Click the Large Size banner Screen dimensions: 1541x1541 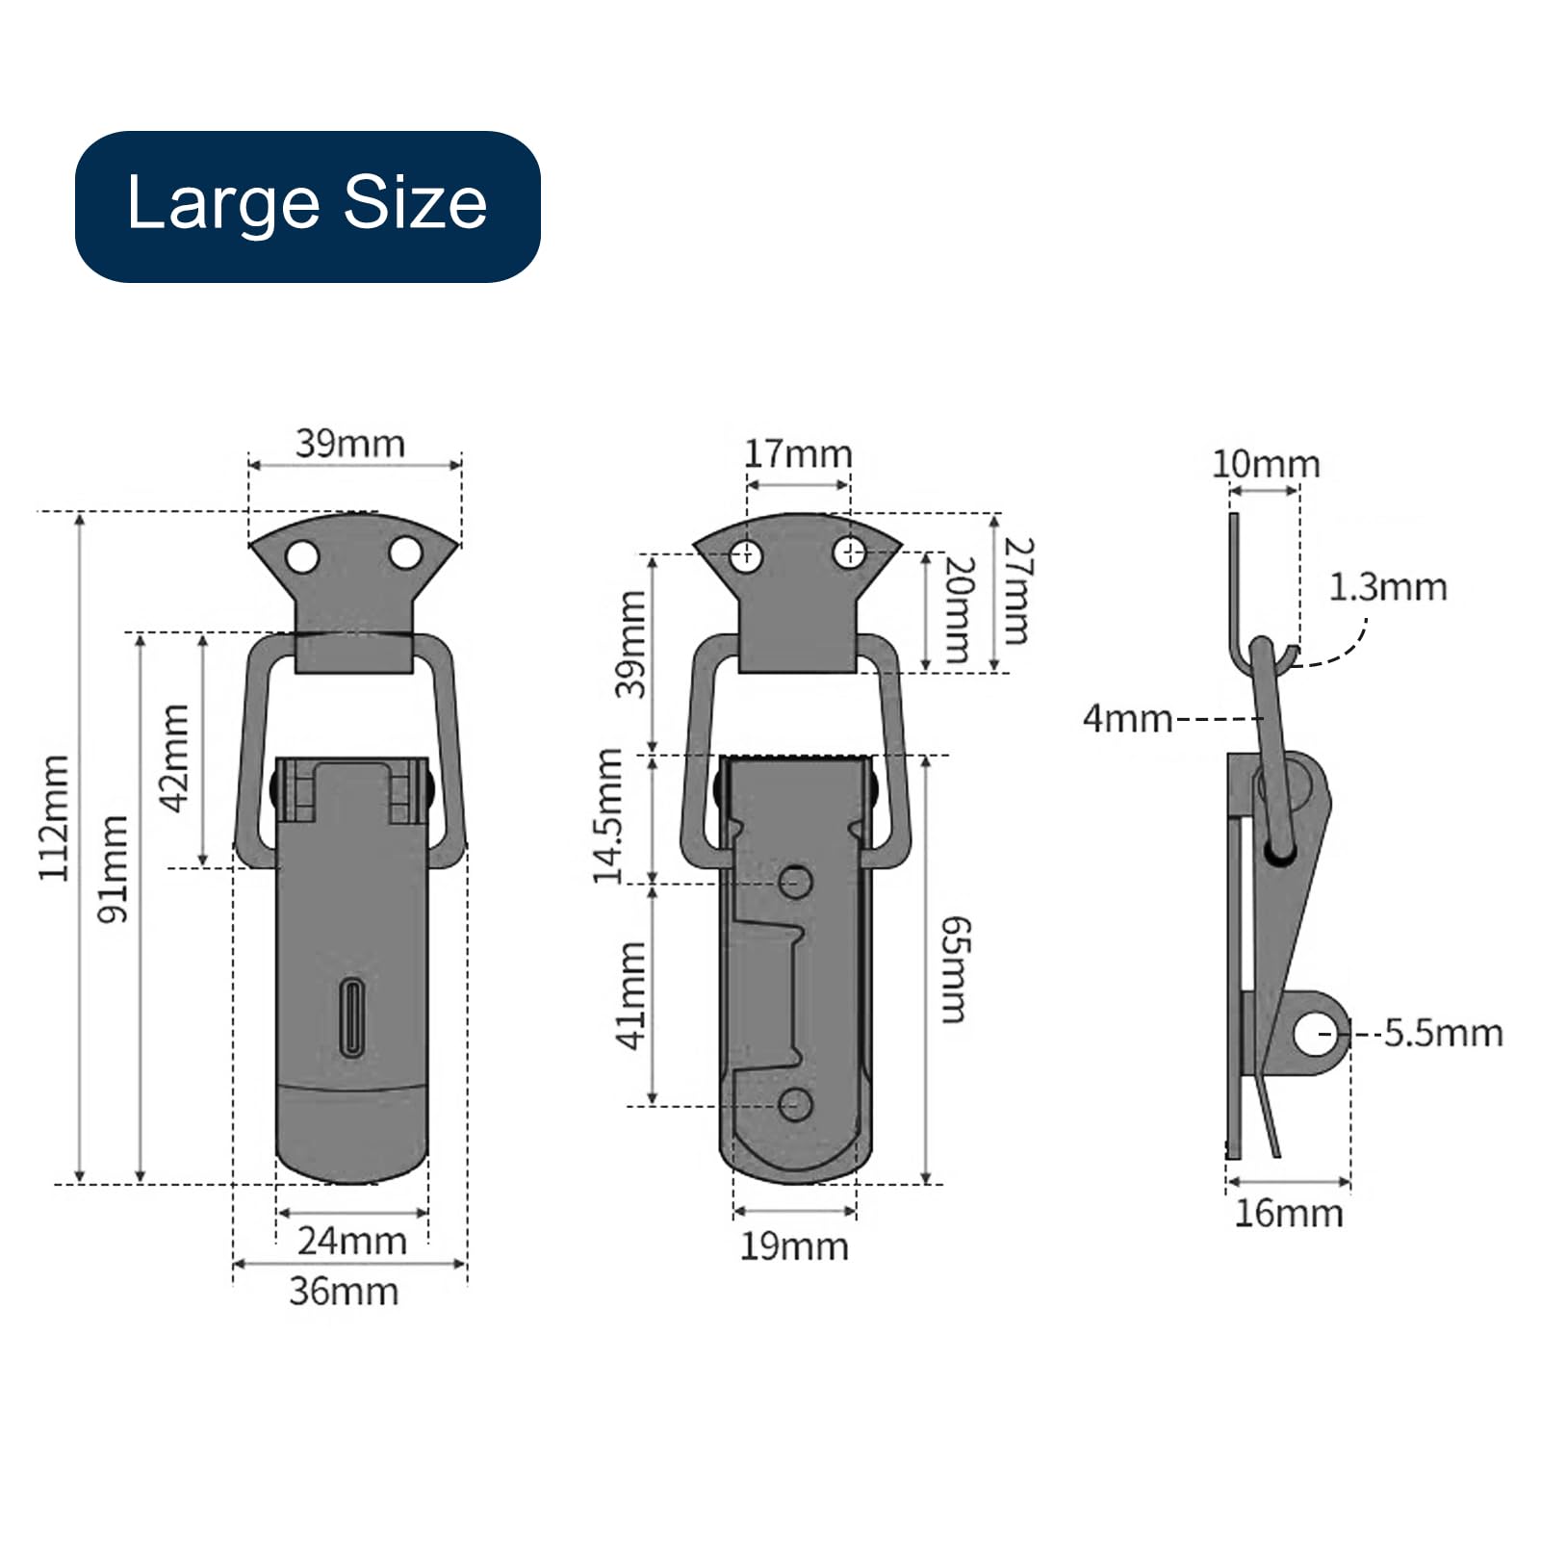tap(308, 206)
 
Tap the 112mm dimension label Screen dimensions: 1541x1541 tap(54, 818)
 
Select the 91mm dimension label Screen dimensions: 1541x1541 tap(114, 869)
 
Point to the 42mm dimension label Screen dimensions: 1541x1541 tap(175, 758)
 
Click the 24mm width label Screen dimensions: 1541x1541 tap(352, 1241)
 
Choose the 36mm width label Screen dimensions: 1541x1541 tap(345, 1291)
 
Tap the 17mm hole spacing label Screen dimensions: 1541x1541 tap(798, 453)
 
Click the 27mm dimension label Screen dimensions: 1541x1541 tap(1017, 590)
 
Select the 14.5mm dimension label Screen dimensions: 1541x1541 tap(607, 816)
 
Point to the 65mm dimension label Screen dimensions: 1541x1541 tap(956, 969)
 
